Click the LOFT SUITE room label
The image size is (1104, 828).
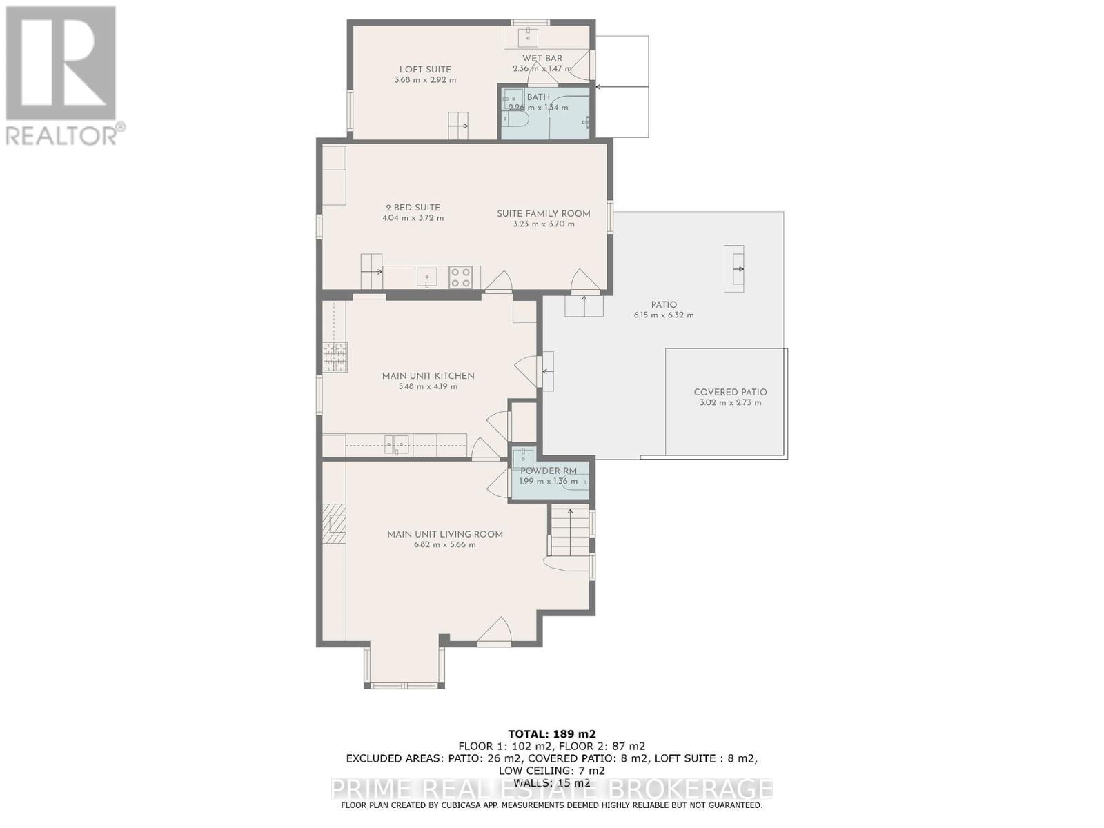(x=425, y=70)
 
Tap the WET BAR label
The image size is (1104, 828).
(x=542, y=58)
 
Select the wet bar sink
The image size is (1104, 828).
(x=528, y=35)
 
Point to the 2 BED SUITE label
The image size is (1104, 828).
(x=413, y=207)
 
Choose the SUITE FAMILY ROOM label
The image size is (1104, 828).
(x=544, y=213)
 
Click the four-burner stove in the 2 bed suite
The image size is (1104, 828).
(x=461, y=277)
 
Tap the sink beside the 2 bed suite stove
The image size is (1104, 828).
(x=426, y=277)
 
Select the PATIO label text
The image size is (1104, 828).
(x=664, y=305)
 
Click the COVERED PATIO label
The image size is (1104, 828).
(x=730, y=392)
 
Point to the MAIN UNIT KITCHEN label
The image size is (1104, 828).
(x=428, y=376)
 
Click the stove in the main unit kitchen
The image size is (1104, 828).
(x=335, y=357)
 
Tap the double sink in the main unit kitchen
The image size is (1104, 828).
(x=396, y=445)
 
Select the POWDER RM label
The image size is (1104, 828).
(x=549, y=471)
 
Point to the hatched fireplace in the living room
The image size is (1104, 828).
(x=335, y=524)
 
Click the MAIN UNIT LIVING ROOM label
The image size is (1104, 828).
(x=444, y=534)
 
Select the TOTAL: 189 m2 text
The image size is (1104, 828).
(x=552, y=734)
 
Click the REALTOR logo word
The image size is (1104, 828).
(x=61, y=135)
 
